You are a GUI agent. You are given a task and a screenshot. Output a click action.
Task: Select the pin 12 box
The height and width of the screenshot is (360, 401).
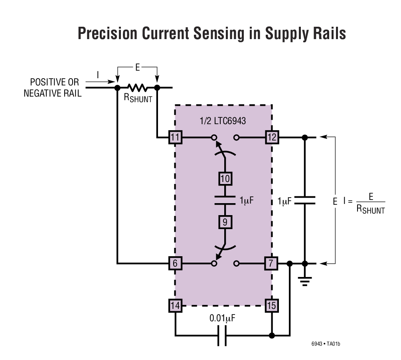[x=272, y=138]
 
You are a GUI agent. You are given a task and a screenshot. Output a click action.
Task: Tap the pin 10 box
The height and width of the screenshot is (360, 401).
[x=225, y=178]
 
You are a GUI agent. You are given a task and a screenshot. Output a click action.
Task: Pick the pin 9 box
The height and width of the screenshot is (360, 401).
[x=225, y=221]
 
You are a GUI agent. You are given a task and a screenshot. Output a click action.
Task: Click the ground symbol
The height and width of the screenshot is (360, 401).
[x=305, y=281]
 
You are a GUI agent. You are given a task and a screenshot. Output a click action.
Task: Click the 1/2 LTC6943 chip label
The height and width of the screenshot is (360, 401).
[x=223, y=121]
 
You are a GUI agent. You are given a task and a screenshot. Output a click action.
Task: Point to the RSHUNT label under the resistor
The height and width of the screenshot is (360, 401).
[x=138, y=98]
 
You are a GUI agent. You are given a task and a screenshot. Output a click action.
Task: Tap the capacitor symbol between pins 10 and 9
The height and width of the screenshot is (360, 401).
[x=225, y=200]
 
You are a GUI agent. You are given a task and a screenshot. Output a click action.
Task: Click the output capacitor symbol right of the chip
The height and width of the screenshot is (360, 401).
[x=305, y=200]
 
